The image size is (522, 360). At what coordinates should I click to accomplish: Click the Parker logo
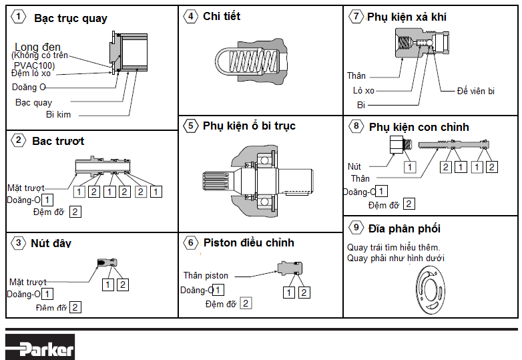pyautogui.click(x=40, y=347)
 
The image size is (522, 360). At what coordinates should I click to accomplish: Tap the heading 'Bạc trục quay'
pyautogui.click(x=71, y=19)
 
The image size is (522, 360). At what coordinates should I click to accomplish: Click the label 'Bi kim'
pyautogui.click(x=58, y=115)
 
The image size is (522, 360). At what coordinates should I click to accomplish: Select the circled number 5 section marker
pyautogui.click(x=192, y=126)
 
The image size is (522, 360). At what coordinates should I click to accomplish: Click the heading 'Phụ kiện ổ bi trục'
pyautogui.click(x=249, y=126)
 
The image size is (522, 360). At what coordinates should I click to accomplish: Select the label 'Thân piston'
pyautogui.click(x=206, y=275)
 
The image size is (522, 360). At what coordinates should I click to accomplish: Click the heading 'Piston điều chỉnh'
pyautogui.click(x=248, y=242)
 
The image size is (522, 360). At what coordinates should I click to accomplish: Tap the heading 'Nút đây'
pyautogui.click(x=51, y=243)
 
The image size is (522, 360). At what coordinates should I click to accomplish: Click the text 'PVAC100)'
pyautogui.click(x=34, y=65)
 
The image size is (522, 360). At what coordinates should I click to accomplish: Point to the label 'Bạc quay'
pyautogui.click(x=33, y=103)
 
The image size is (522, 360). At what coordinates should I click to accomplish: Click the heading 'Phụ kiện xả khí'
pyautogui.click(x=407, y=17)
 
